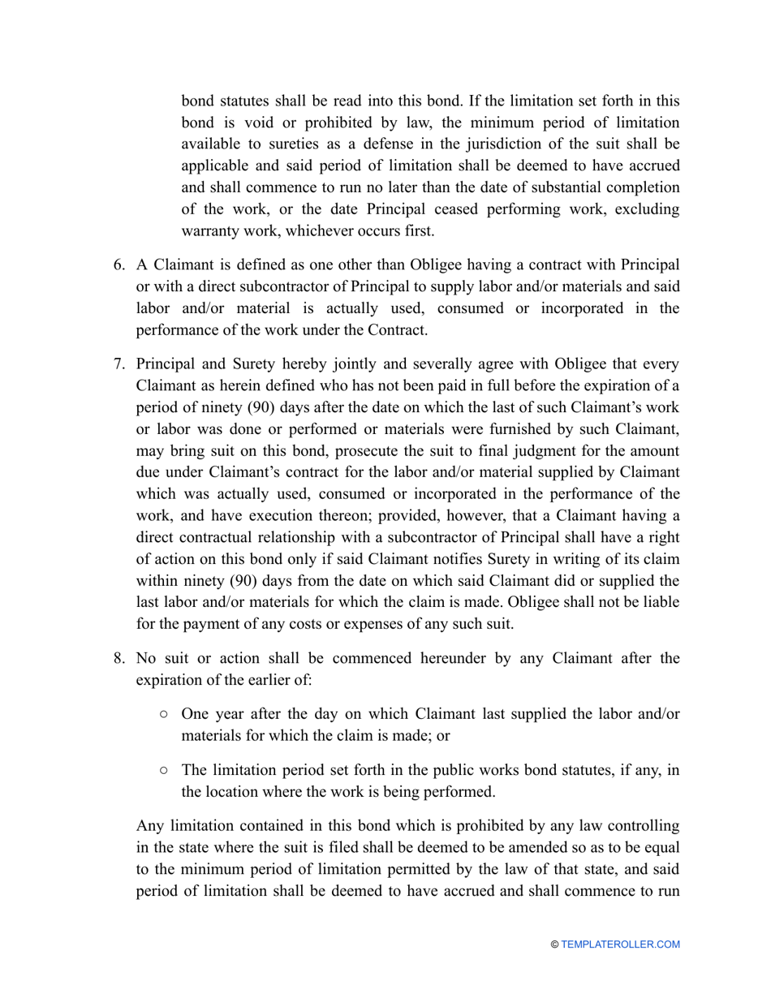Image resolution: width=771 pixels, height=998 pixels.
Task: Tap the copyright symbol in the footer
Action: (555, 944)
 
